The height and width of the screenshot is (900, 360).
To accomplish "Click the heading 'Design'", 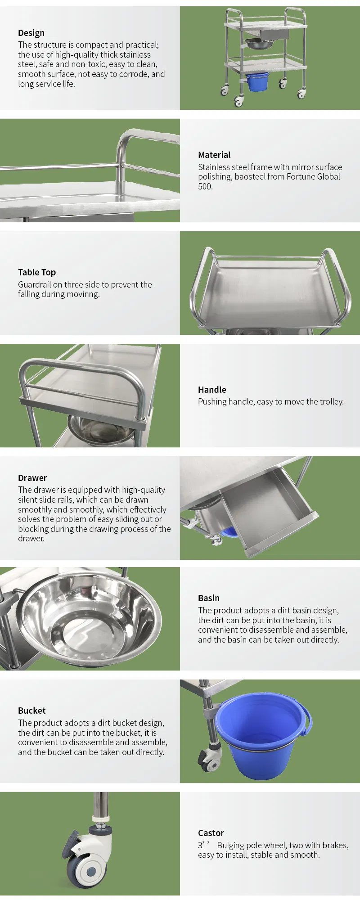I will click(x=31, y=33).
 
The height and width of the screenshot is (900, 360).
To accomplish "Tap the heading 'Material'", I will click(x=214, y=155).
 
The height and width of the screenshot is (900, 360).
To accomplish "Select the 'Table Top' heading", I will click(x=37, y=272).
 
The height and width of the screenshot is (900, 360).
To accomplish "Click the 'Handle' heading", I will click(x=212, y=390).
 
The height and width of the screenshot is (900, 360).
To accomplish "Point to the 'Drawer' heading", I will click(x=32, y=478).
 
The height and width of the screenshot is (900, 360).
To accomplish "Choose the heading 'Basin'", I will click(x=209, y=598).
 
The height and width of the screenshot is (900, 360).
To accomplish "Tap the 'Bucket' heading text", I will click(x=32, y=711).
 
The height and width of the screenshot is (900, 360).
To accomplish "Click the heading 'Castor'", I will click(x=211, y=833).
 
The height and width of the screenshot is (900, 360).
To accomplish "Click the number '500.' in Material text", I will click(x=205, y=186).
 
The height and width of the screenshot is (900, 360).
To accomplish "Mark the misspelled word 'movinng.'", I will click(x=84, y=294).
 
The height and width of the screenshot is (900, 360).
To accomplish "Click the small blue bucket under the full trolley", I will click(x=258, y=82).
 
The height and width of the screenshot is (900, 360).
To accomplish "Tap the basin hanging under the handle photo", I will click(x=101, y=430).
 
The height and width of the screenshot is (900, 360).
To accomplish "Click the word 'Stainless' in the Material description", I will click(x=214, y=167).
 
